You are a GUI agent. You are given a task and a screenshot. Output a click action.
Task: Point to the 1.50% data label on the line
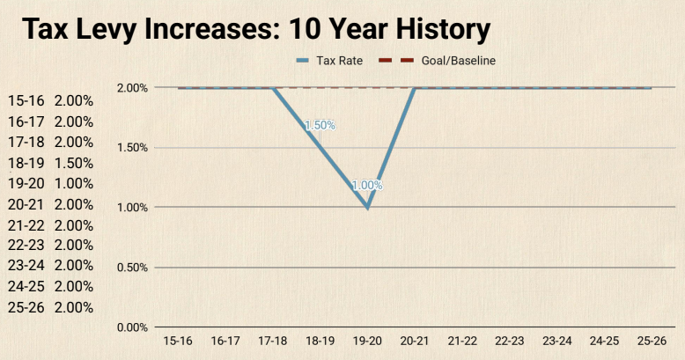pos(320,125)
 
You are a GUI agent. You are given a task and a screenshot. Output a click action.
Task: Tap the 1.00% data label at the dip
pos(367,186)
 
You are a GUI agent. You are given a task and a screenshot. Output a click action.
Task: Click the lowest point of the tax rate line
pos(367,208)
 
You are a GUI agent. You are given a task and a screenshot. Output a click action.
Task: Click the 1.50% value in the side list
pos(74,163)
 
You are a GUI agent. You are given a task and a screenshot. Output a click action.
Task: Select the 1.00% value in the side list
pos(74,184)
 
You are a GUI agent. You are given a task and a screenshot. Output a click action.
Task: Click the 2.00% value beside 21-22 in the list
pos(74,225)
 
